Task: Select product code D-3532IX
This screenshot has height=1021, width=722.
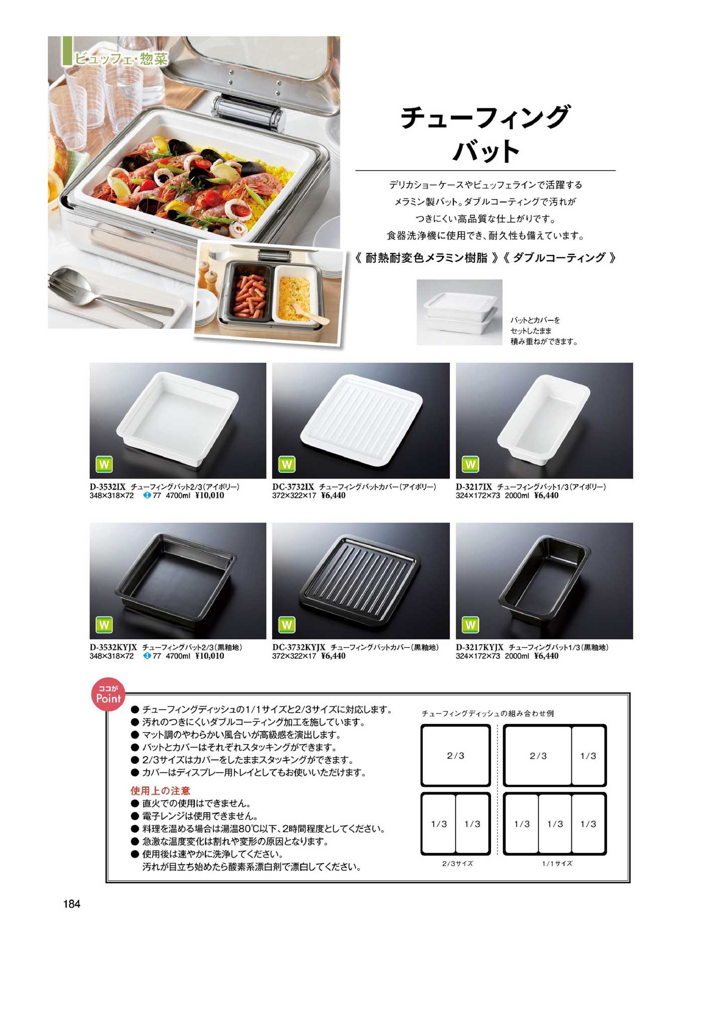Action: click(x=107, y=487)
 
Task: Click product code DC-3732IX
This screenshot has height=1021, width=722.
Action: click(x=293, y=487)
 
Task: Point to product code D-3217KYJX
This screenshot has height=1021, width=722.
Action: click(x=479, y=647)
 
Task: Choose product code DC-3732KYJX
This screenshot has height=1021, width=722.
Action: click(x=299, y=647)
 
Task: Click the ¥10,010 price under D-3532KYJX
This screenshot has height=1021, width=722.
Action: click(x=209, y=656)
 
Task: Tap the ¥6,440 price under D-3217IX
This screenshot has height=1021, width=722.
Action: click(x=546, y=495)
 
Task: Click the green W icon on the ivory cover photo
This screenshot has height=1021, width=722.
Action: click(x=287, y=464)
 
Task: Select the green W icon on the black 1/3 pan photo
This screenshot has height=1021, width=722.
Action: click(x=470, y=625)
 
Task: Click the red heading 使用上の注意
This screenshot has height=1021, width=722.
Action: click(x=161, y=791)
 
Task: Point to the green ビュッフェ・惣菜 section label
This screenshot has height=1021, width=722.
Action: click(x=121, y=58)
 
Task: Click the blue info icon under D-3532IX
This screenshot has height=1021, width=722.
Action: click(x=147, y=495)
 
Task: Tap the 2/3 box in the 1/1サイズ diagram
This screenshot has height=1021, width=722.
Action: click(x=538, y=755)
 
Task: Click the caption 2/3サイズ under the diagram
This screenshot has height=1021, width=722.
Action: click(x=457, y=863)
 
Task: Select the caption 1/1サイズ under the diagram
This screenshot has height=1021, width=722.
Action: click(x=557, y=863)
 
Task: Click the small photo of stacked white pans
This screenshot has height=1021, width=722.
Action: click(x=459, y=312)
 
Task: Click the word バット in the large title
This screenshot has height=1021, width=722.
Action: click(x=486, y=150)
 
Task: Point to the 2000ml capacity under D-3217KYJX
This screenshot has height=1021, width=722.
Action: click(x=517, y=656)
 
